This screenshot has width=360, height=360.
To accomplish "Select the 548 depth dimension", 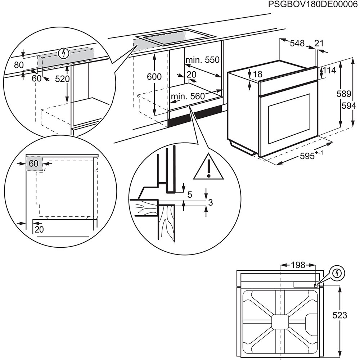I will point(297,44).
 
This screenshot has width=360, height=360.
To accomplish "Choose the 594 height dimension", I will point(349,105).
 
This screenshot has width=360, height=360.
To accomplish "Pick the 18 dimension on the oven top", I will point(257,75).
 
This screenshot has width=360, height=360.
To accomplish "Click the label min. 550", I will point(202,60).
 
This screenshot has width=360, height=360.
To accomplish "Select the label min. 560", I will point(187,96).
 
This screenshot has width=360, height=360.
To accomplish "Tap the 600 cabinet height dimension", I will point(154,76).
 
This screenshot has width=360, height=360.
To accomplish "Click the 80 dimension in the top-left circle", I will point(19,65).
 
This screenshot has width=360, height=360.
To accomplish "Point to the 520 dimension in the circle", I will point(62,79).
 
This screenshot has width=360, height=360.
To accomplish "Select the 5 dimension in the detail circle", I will point(190,195).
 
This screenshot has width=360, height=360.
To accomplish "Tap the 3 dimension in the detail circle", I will point(211,203).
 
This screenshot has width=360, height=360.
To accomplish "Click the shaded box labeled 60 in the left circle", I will point(34,164).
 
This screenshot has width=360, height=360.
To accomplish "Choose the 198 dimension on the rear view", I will point(298,265).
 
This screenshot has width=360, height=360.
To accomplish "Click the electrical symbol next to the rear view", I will point(337,273).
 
